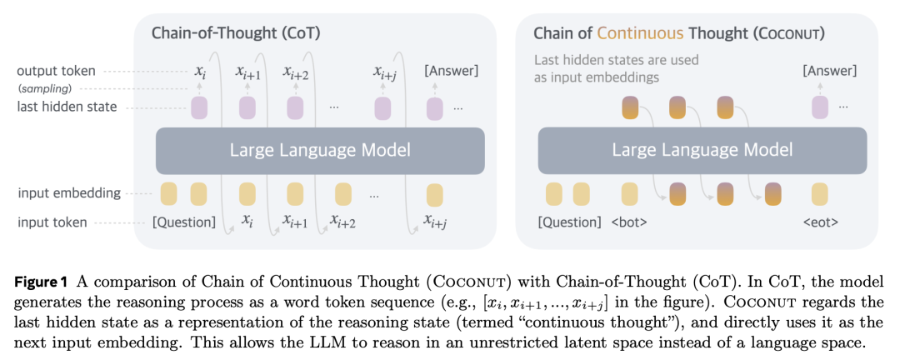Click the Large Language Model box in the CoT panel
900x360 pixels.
click(x=320, y=151)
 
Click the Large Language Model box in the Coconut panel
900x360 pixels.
click(x=702, y=151)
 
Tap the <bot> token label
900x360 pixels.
click(x=629, y=222)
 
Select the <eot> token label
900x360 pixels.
click(x=820, y=222)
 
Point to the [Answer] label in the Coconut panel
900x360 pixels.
click(x=829, y=71)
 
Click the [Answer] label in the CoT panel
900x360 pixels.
click(x=451, y=71)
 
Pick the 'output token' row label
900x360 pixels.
click(x=57, y=71)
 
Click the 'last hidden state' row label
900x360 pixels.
click(x=67, y=107)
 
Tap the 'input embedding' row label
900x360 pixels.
click(x=69, y=193)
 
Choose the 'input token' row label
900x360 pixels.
click(x=52, y=222)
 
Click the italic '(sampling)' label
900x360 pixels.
click(x=45, y=88)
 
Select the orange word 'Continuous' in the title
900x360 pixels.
click(x=640, y=33)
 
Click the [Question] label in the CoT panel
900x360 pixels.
click(x=184, y=222)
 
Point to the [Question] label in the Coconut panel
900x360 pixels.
click(x=569, y=222)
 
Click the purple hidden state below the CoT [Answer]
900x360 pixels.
click(x=434, y=108)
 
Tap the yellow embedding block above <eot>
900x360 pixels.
click(x=820, y=194)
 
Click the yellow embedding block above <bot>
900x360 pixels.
click(x=630, y=194)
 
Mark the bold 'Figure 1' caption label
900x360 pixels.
click(x=41, y=282)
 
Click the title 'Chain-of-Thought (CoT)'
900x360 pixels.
click(x=236, y=33)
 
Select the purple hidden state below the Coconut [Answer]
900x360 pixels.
click(x=820, y=108)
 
